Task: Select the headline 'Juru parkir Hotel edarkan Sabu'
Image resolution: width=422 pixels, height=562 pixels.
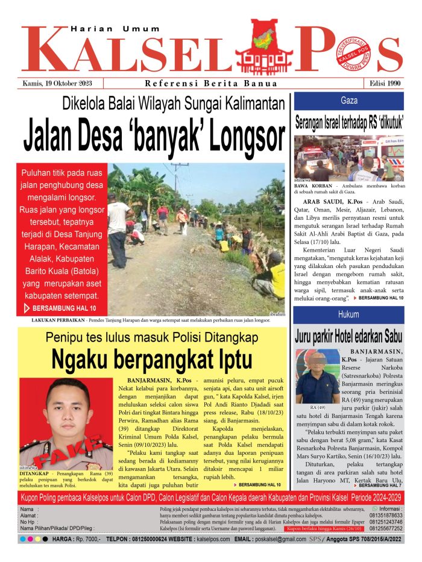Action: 348,336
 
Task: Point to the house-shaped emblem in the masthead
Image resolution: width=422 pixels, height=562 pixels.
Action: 263,48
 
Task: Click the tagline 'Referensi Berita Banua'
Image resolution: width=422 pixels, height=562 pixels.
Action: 211,84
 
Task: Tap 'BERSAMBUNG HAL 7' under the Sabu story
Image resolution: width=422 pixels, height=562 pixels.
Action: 382,485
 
